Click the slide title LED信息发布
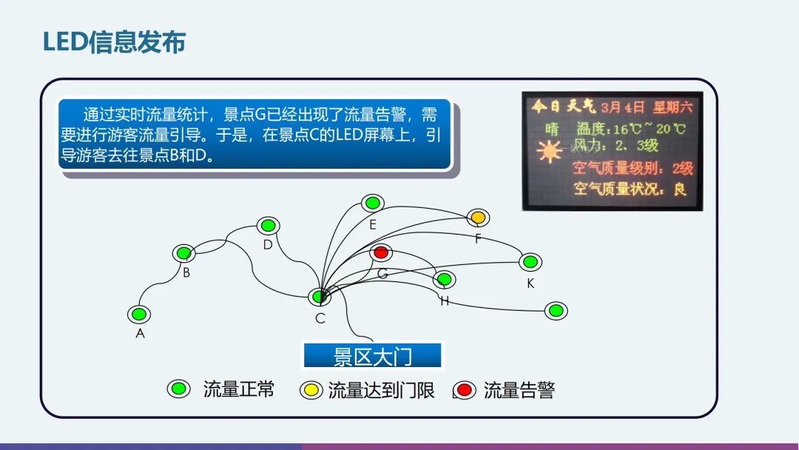point(114,42)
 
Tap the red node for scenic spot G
point(381,252)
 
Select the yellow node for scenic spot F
point(479,218)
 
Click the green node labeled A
point(138,314)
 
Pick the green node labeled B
point(184,253)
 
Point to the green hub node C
point(320,297)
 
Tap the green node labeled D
point(268,225)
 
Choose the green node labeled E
point(373,203)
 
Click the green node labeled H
point(444,280)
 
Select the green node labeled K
point(530,261)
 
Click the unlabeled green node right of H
point(556,311)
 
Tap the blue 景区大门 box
point(373,356)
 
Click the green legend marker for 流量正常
point(178,389)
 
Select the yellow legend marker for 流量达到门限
point(311,390)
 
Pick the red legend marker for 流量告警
point(465,390)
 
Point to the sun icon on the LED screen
point(550,152)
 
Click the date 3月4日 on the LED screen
point(622,107)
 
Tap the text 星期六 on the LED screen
point(672,107)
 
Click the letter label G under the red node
point(382,274)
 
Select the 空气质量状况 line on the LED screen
point(630,189)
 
